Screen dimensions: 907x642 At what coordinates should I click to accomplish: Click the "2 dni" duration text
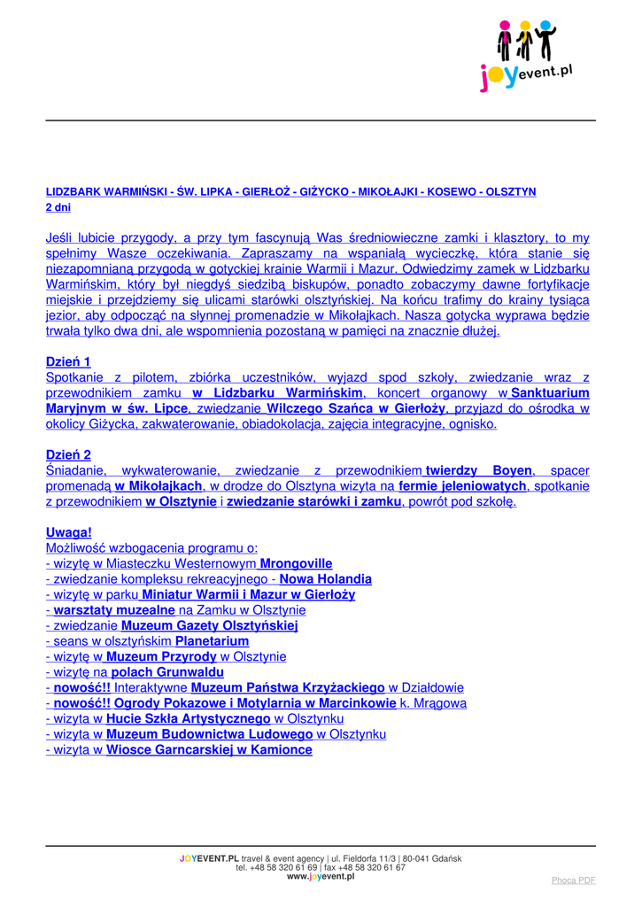point(58,207)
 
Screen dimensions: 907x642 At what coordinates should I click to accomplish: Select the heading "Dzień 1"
point(68,361)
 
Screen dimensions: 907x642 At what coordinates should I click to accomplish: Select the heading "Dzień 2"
point(68,454)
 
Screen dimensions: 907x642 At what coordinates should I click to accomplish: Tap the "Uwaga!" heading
point(68,532)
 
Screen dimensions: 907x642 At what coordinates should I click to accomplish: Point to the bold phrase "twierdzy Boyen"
point(479,470)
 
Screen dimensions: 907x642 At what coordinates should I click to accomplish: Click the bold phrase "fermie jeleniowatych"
point(462,486)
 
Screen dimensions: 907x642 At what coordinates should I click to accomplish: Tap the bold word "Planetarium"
point(212,640)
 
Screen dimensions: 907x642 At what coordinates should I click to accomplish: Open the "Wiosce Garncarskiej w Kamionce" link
point(209,749)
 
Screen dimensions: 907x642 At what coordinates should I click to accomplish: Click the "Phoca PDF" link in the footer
point(573,880)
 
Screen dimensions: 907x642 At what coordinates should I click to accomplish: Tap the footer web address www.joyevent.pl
point(320,876)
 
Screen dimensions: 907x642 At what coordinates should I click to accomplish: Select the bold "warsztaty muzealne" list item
point(113,610)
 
